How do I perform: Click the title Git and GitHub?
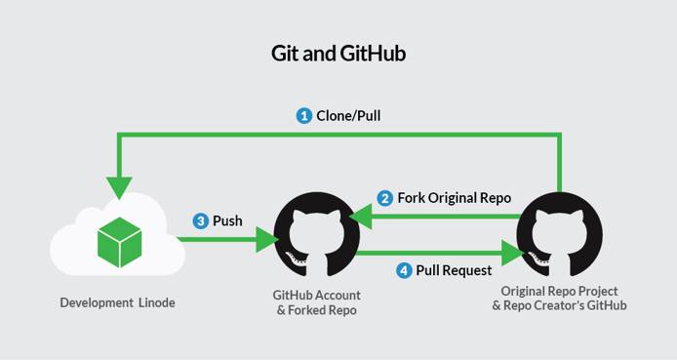(x=338, y=54)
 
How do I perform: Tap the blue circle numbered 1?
(x=304, y=115)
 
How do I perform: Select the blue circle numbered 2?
(x=385, y=198)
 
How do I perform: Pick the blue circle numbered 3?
(x=201, y=221)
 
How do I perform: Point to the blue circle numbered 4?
(x=404, y=269)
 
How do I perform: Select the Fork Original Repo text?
(x=454, y=198)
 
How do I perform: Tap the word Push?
(x=227, y=221)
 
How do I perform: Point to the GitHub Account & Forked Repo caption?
(x=316, y=300)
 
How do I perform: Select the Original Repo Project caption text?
(x=559, y=292)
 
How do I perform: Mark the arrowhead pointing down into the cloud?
(x=121, y=185)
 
